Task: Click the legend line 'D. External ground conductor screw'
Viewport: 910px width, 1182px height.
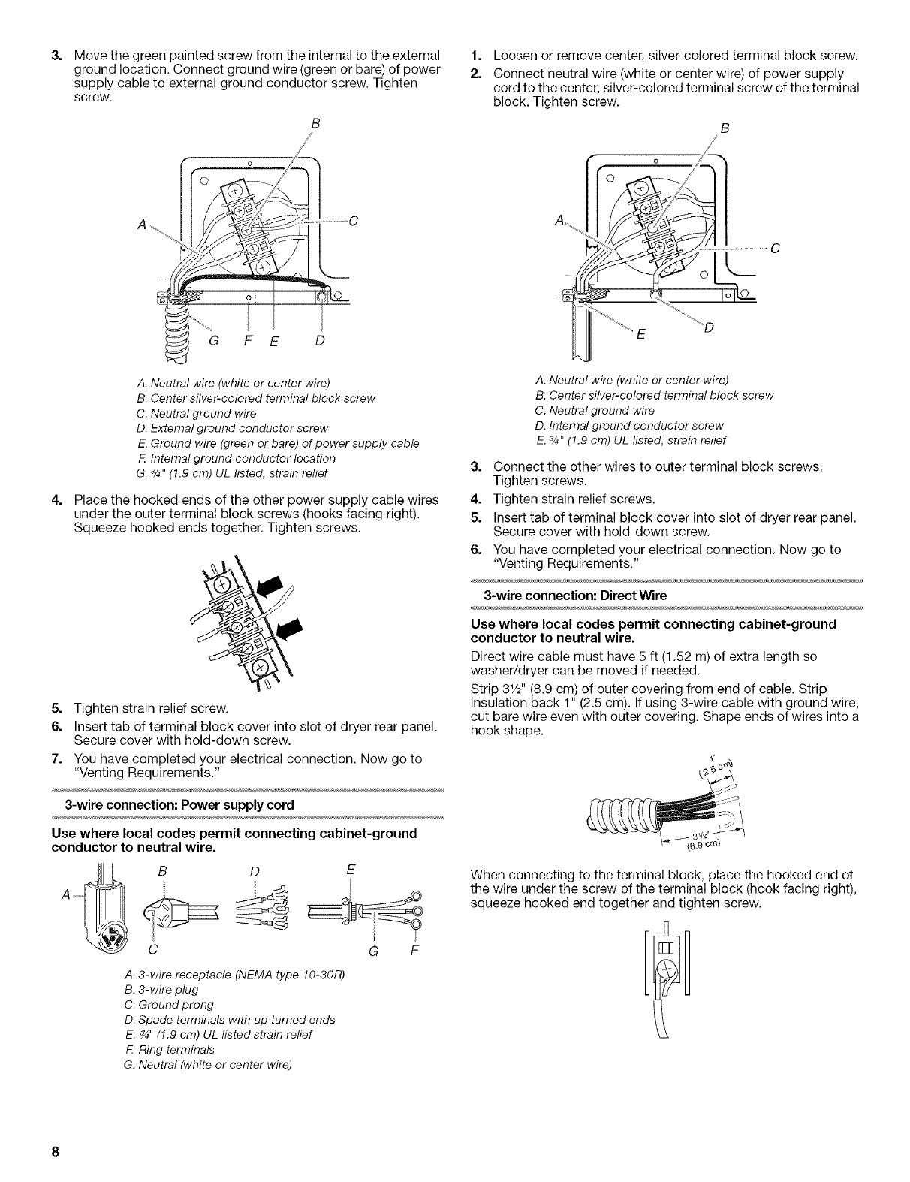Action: click(237, 428)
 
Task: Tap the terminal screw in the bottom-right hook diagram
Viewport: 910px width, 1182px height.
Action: click(665, 975)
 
